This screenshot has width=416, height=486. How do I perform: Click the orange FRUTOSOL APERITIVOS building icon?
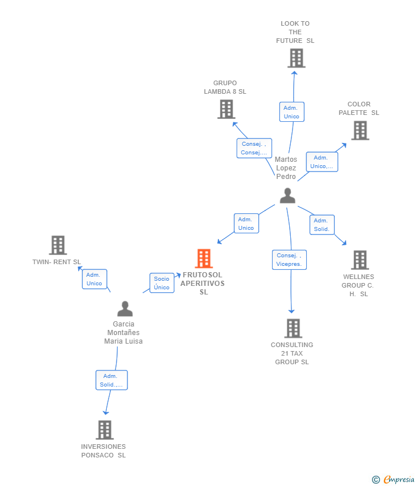click(x=204, y=258)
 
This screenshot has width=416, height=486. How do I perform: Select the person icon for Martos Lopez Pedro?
click(x=287, y=196)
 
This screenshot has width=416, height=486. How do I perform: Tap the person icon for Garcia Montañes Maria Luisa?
click(x=125, y=308)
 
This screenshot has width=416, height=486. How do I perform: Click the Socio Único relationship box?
click(x=162, y=283)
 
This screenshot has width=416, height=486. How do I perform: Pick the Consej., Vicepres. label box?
click(x=289, y=260)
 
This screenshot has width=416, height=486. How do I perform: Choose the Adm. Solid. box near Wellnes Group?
click(x=322, y=225)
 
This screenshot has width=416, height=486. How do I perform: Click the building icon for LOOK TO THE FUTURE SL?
click(x=297, y=58)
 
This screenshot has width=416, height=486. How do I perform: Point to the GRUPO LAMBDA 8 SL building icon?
click(x=226, y=109)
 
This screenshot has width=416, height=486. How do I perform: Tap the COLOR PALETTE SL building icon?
click(x=360, y=130)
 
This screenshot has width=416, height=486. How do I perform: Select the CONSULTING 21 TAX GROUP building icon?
click(x=293, y=328)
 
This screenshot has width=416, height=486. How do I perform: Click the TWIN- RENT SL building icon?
click(x=58, y=245)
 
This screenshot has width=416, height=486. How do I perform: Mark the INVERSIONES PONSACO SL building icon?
click(x=105, y=430)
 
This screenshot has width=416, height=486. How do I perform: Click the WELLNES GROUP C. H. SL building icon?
click(x=360, y=260)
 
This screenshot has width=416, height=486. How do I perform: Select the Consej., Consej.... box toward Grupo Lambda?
click(x=254, y=148)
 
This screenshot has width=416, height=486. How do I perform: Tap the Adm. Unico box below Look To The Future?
click(x=292, y=112)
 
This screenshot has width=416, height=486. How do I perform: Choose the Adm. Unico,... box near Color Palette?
click(x=322, y=162)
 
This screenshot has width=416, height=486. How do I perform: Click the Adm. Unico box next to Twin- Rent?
click(x=94, y=279)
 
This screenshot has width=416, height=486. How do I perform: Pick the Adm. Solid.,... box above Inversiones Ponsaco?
click(x=111, y=380)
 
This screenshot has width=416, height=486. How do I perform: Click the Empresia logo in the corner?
click(x=393, y=480)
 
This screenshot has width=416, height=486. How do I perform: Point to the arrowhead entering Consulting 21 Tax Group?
click(x=291, y=311)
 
